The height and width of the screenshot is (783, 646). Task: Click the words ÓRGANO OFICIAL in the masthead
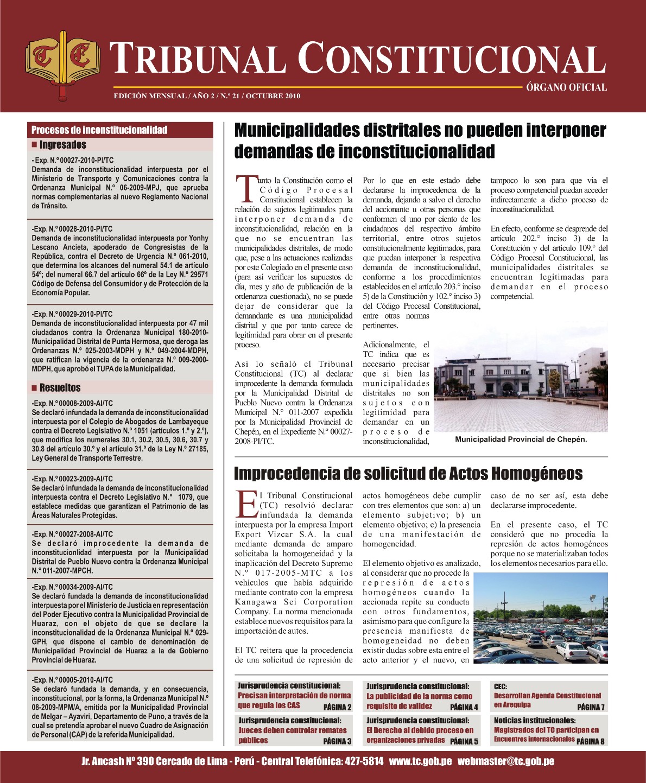[566, 87]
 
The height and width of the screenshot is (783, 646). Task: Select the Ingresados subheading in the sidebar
[62, 145]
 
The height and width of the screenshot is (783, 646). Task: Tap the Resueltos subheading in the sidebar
[60, 388]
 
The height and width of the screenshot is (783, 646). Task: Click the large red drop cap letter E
[247, 505]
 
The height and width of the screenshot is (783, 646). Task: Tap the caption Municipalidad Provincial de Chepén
[521, 440]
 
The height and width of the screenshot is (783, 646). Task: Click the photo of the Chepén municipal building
[521, 383]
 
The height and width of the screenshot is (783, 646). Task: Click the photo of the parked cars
[540, 618]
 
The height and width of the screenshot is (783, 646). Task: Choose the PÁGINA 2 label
[337, 707]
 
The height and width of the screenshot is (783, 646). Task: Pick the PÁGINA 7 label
[591, 707]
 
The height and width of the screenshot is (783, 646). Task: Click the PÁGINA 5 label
[464, 741]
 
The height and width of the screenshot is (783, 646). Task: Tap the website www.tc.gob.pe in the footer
[420, 761]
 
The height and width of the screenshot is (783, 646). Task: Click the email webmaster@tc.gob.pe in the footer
[505, 761]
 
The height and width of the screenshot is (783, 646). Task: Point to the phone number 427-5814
[364, 761]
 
